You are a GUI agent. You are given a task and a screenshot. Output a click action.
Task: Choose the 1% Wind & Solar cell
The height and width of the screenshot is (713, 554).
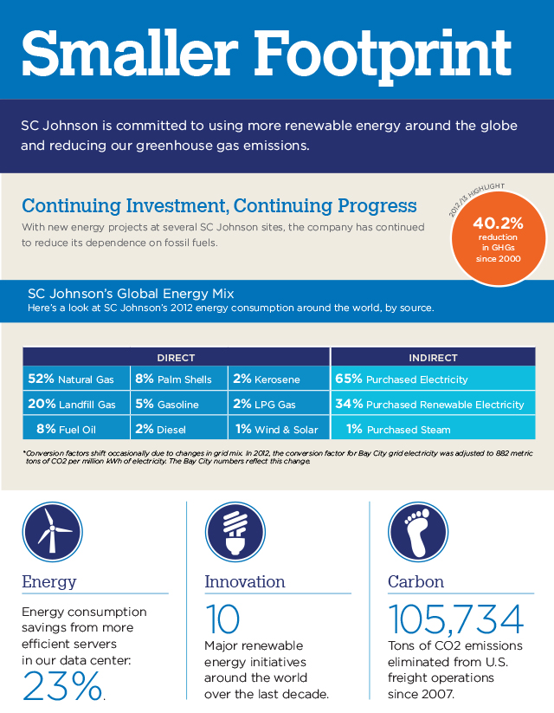(x=277, y=429)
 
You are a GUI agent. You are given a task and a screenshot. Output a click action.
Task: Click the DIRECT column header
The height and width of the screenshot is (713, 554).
(x=176, y=358)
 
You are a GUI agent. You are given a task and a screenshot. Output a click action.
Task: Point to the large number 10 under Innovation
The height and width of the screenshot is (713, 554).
(x=222, y=619)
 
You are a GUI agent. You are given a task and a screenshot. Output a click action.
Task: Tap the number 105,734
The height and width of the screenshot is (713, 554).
(x=455, y=619)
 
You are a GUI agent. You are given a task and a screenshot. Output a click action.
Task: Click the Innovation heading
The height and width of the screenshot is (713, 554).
(x=245, y=582)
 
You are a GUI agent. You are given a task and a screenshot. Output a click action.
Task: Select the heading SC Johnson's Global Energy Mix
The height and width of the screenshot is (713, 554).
(x=131, y=294)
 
